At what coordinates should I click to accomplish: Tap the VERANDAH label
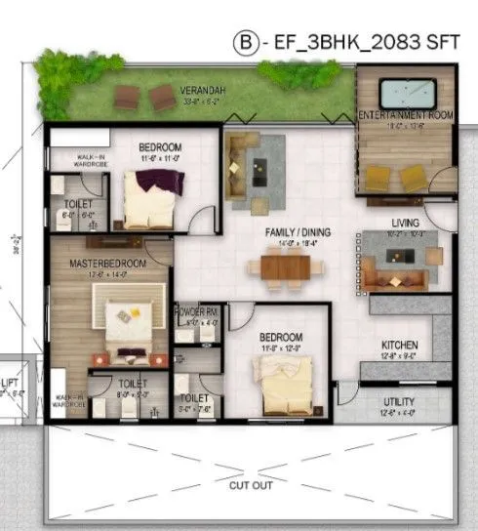pyautogui.click(x=201, y=89)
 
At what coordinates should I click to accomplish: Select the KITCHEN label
pyautogui.click(x=400, y=346)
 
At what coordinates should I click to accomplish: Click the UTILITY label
pyautogui.click(x=400, y=402)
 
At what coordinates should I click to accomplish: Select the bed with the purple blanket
pyautogui.click(x=152, y=195)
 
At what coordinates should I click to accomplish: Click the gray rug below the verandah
pyautogui.click(x=257, y=172)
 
